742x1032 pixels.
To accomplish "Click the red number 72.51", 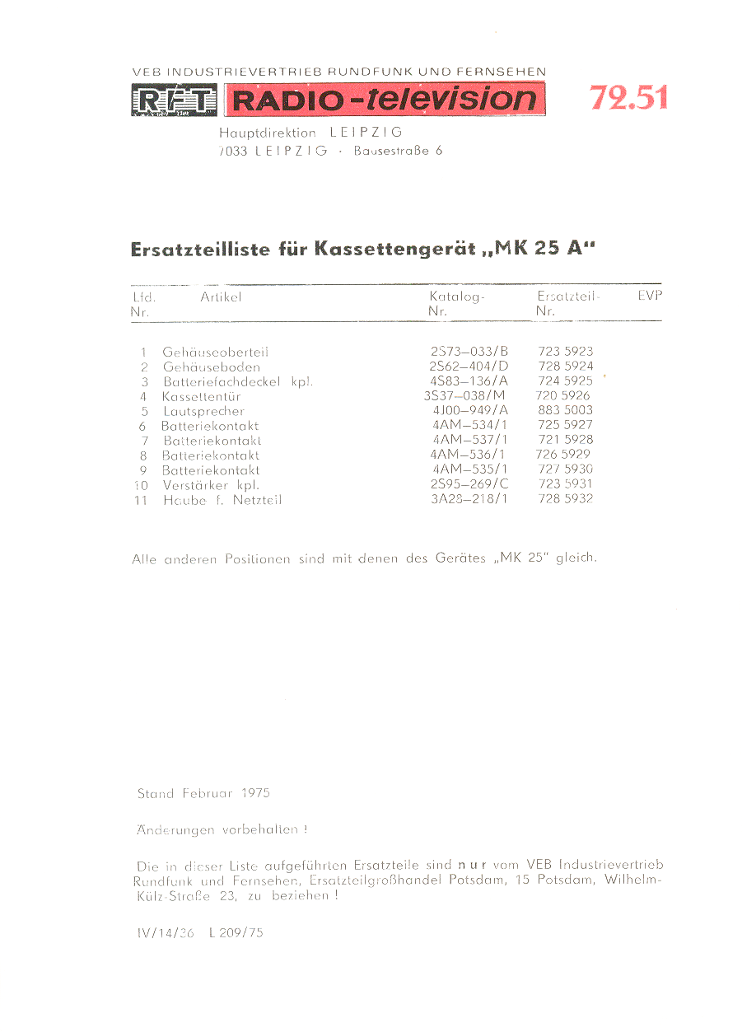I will (628, 98).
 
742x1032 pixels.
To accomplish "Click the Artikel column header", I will (221, 297).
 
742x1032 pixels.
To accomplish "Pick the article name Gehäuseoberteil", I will (216, 352).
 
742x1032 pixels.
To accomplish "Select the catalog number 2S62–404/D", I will (469, 367).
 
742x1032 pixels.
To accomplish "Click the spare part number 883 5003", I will (564, 410).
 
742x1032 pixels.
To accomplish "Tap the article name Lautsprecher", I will (203, 411).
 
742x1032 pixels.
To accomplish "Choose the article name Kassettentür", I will (201, 396).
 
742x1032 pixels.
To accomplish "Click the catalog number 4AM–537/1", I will (469, 440).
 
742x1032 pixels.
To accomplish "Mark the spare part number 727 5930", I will (564, 469).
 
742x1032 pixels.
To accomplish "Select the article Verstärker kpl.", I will (211, 485).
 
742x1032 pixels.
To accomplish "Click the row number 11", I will (141, 500).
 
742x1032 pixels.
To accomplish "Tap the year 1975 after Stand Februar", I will (256, 794).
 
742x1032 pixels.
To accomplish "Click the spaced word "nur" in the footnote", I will (473, 865).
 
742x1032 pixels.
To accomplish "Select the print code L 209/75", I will (236, 933).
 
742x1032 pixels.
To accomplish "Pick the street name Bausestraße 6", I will (398, 151).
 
